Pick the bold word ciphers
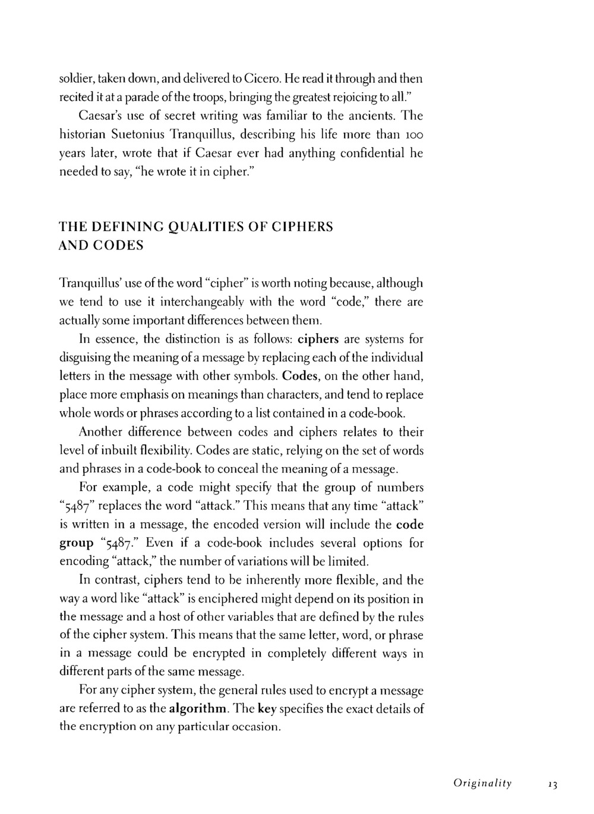(x=318, y=339)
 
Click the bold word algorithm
(x=198, y=709)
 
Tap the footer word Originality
(x=482, y=784)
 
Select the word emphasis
(x=143, y=395)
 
